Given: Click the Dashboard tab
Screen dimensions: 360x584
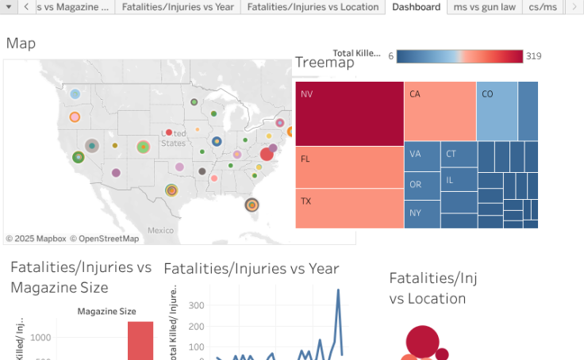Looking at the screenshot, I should [416, 7].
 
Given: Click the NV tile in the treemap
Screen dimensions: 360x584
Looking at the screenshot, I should [349, 113].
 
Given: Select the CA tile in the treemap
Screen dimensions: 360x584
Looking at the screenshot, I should [440, 111].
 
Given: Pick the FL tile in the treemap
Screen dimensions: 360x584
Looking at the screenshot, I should [349, 167].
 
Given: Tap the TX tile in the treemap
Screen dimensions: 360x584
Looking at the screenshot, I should [349, 209].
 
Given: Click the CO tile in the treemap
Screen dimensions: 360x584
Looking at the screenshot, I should [497, 111].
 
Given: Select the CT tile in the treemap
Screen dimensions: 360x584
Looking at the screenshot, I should [459, 154].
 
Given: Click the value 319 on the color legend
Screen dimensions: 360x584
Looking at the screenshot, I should [533, 56].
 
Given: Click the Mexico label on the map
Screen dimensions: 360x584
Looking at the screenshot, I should [160, 231].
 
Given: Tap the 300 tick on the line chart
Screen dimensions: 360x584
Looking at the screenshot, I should [196, 304].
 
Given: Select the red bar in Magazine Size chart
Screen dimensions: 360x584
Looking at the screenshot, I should [140, 341].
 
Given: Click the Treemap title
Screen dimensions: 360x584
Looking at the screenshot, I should [325, 63].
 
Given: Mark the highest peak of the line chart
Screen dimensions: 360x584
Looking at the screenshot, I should [338, 290].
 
